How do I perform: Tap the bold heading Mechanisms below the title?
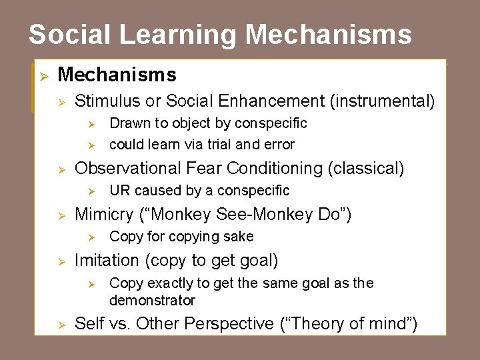(x=117, y=74)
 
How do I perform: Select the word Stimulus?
(x=107, y=101)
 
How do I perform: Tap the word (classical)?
(x=366, y=169)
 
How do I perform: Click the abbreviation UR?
(x=119, y=191)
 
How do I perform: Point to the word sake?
(x=239, y=237)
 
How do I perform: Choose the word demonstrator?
(x=152, y=301)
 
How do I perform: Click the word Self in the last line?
(x=89, y=324)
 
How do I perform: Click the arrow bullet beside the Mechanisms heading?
(x=41, y=75)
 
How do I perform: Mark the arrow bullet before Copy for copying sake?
(x=94, y=237)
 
